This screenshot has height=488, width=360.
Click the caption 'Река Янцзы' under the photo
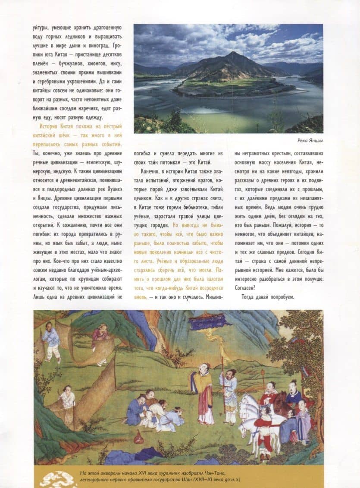[x=310, y=140]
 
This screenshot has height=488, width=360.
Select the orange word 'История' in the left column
[x=52, y=126]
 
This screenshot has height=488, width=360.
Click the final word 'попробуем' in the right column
[x=279, y=297]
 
